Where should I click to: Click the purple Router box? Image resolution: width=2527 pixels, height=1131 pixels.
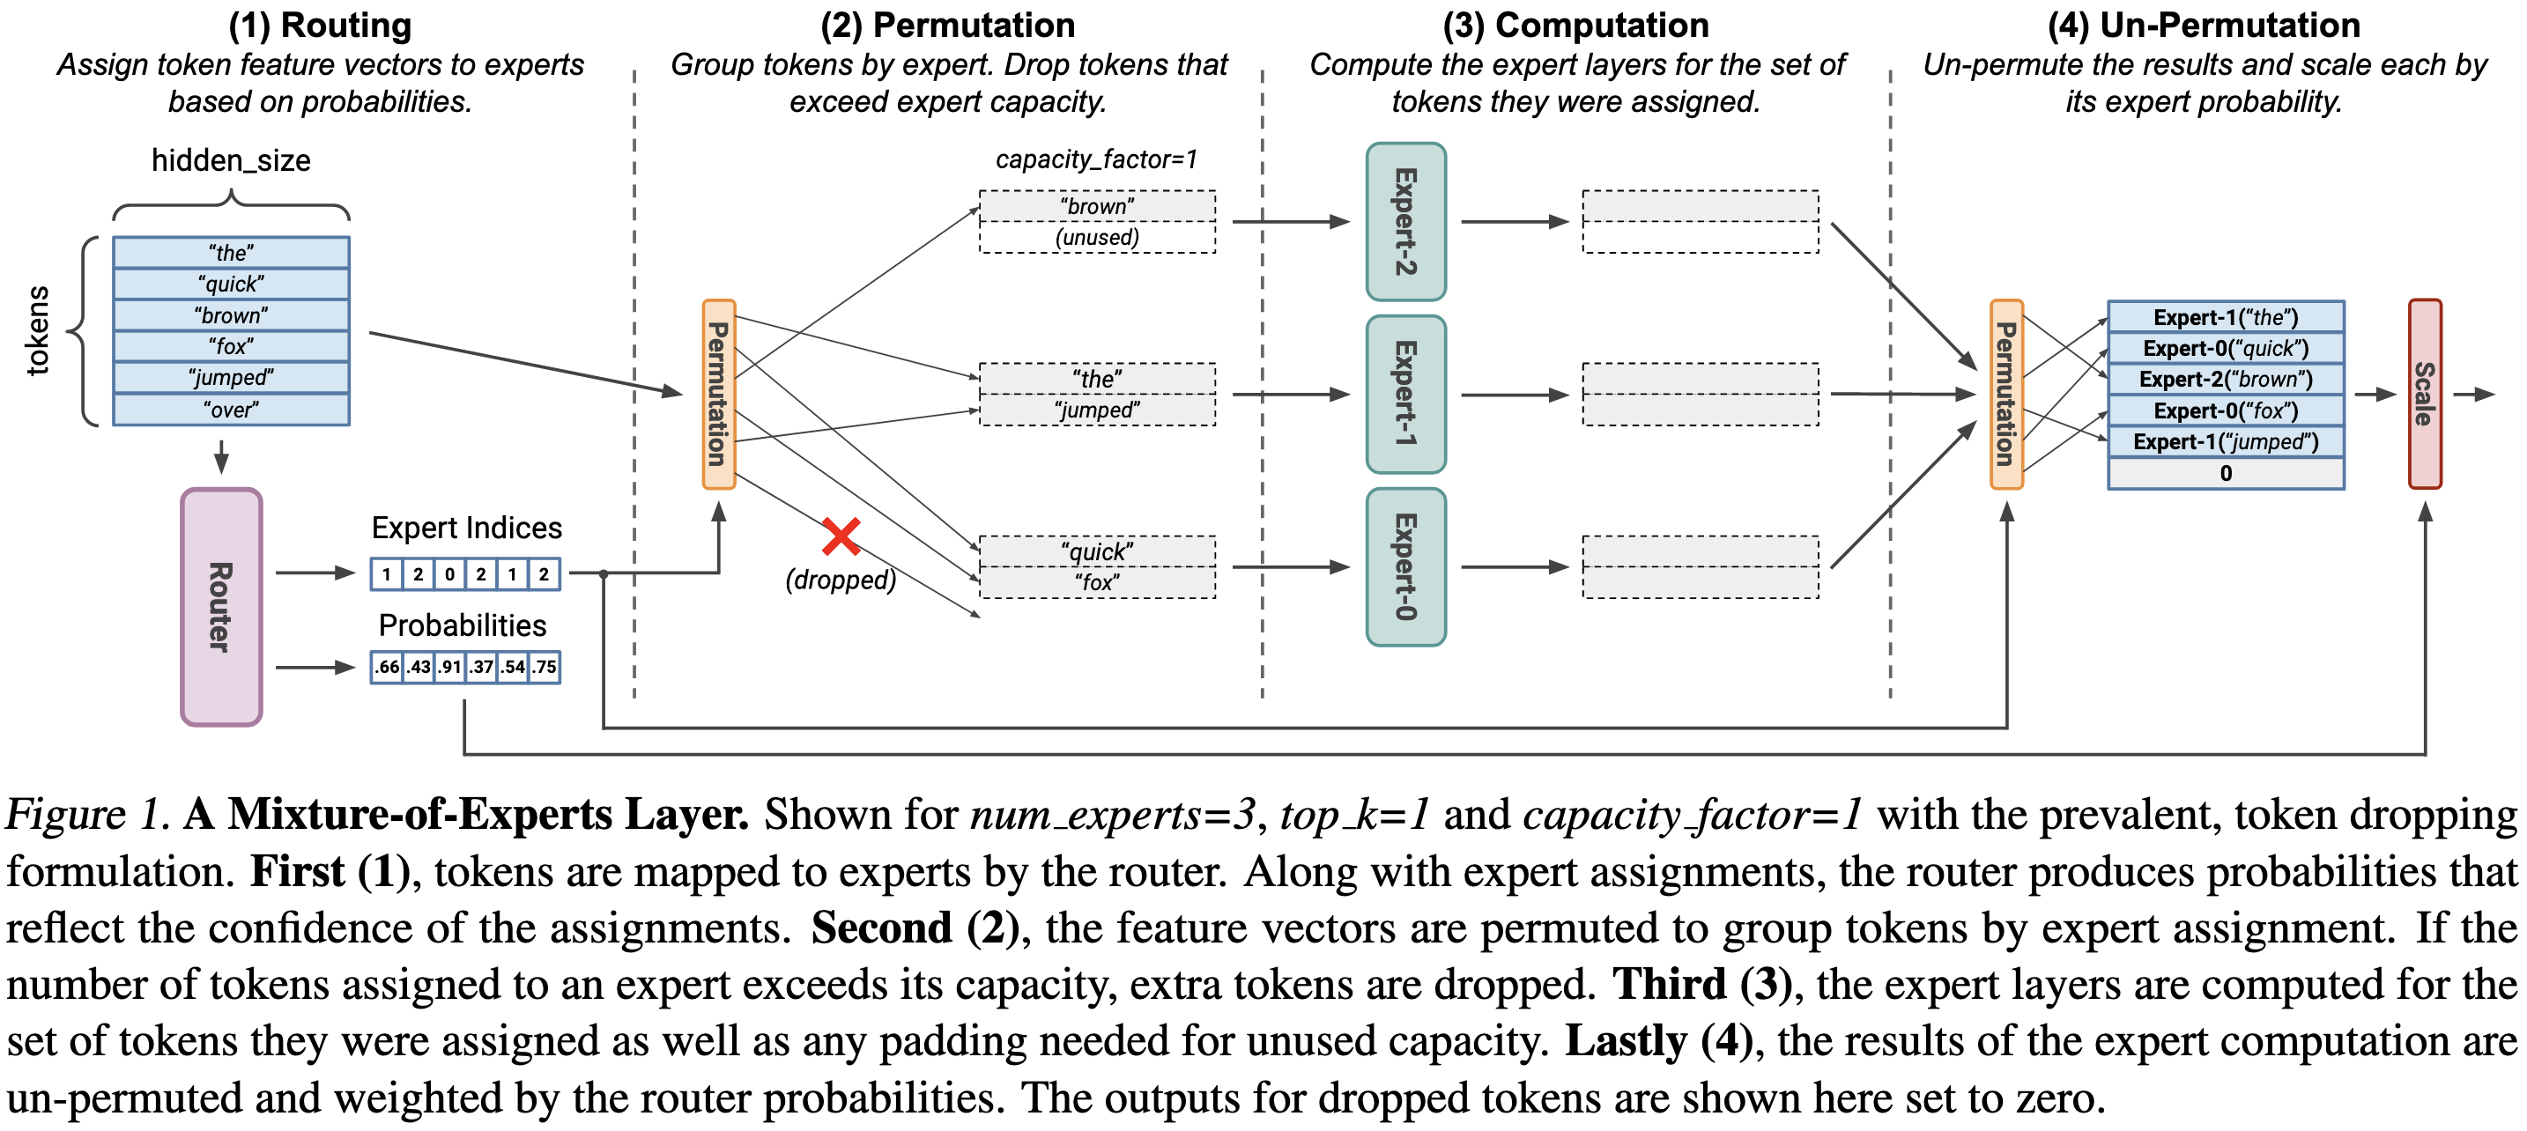pos(221,607)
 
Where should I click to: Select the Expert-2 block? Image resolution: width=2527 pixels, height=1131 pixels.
pos(1405,222)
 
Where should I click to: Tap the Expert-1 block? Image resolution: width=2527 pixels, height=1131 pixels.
pos(1405,395)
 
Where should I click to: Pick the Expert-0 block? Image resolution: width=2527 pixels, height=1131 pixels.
pos(1405,567)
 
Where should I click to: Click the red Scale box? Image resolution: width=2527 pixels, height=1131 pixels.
pos(2425,395)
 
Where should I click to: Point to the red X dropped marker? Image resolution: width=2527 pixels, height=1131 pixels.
pos(841,536)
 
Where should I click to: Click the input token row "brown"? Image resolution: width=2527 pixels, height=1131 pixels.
pos(232,314)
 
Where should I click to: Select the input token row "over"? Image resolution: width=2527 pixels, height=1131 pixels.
pos(232,409)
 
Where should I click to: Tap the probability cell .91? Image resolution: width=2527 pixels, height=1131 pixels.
pos(450,667)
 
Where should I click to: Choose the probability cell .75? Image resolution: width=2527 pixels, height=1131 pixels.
pos(545,667)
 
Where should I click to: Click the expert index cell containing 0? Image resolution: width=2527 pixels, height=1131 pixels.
pos(450,573)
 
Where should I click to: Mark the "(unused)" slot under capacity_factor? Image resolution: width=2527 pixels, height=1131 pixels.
pos(1098,237)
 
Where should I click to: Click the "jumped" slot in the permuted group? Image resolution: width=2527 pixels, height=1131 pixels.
pos(1098,410)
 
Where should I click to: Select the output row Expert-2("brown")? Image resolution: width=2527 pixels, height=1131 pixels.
pos(2226,380)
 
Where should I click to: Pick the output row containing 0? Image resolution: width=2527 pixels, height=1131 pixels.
pos(2226,473)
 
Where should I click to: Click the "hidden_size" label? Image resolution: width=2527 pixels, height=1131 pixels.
pos(232,161)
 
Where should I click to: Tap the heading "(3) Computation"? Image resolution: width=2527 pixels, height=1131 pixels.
pos(1575,26)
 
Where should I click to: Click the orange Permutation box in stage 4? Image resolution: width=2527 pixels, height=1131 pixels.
pos(2006,395)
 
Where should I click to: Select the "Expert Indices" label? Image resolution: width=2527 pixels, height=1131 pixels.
pos(467,528)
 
